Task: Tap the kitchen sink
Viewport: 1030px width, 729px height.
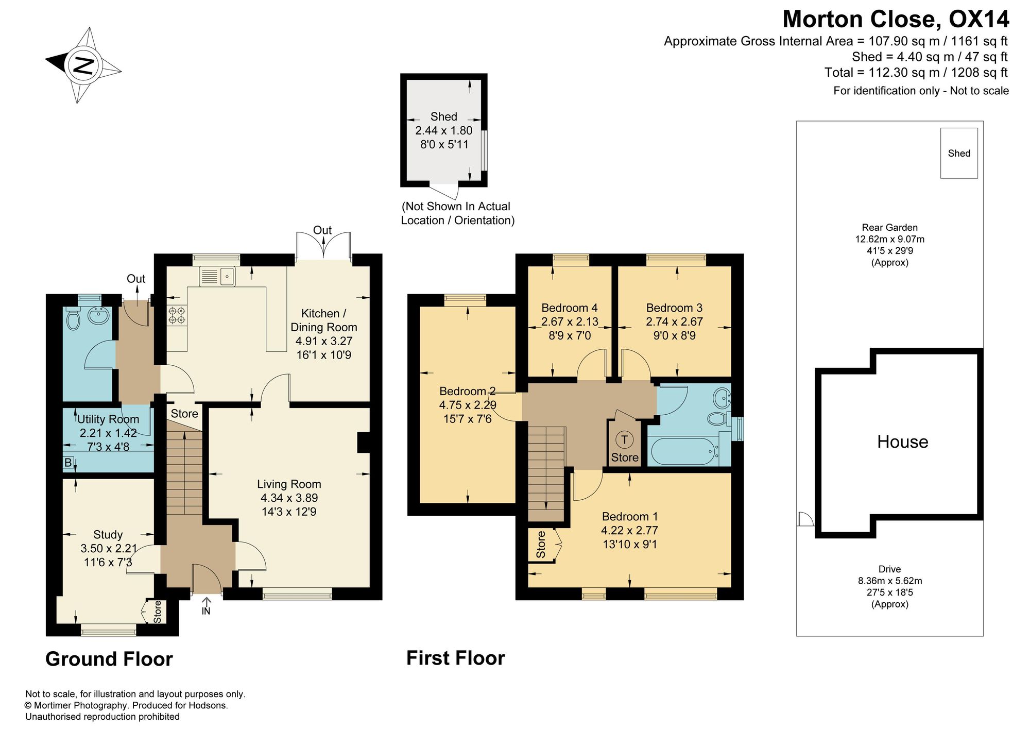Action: [217, 277]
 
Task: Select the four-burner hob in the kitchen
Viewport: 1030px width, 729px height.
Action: [177, 315]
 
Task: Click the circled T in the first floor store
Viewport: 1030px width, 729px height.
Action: [625, 439]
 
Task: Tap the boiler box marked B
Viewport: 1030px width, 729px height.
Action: [68, 463]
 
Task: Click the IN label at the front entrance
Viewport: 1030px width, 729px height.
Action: [206, 611]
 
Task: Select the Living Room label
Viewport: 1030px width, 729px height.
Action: [289, 484]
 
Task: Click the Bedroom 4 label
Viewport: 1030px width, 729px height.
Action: [570, 308]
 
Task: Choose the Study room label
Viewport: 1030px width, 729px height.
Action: [108, 535]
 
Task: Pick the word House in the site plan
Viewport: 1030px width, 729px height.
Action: [903, 442]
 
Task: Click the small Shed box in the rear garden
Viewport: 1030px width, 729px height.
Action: [959, 153]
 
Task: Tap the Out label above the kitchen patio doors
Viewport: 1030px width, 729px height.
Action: [322, 230]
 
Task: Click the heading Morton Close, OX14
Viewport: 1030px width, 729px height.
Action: [896, 20]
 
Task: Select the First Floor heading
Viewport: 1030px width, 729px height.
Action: [456, 658]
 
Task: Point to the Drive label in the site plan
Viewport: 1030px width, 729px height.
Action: [890, 569]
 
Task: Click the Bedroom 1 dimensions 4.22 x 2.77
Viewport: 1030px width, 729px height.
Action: [629, 530]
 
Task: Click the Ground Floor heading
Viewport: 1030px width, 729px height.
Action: [109, 659]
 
